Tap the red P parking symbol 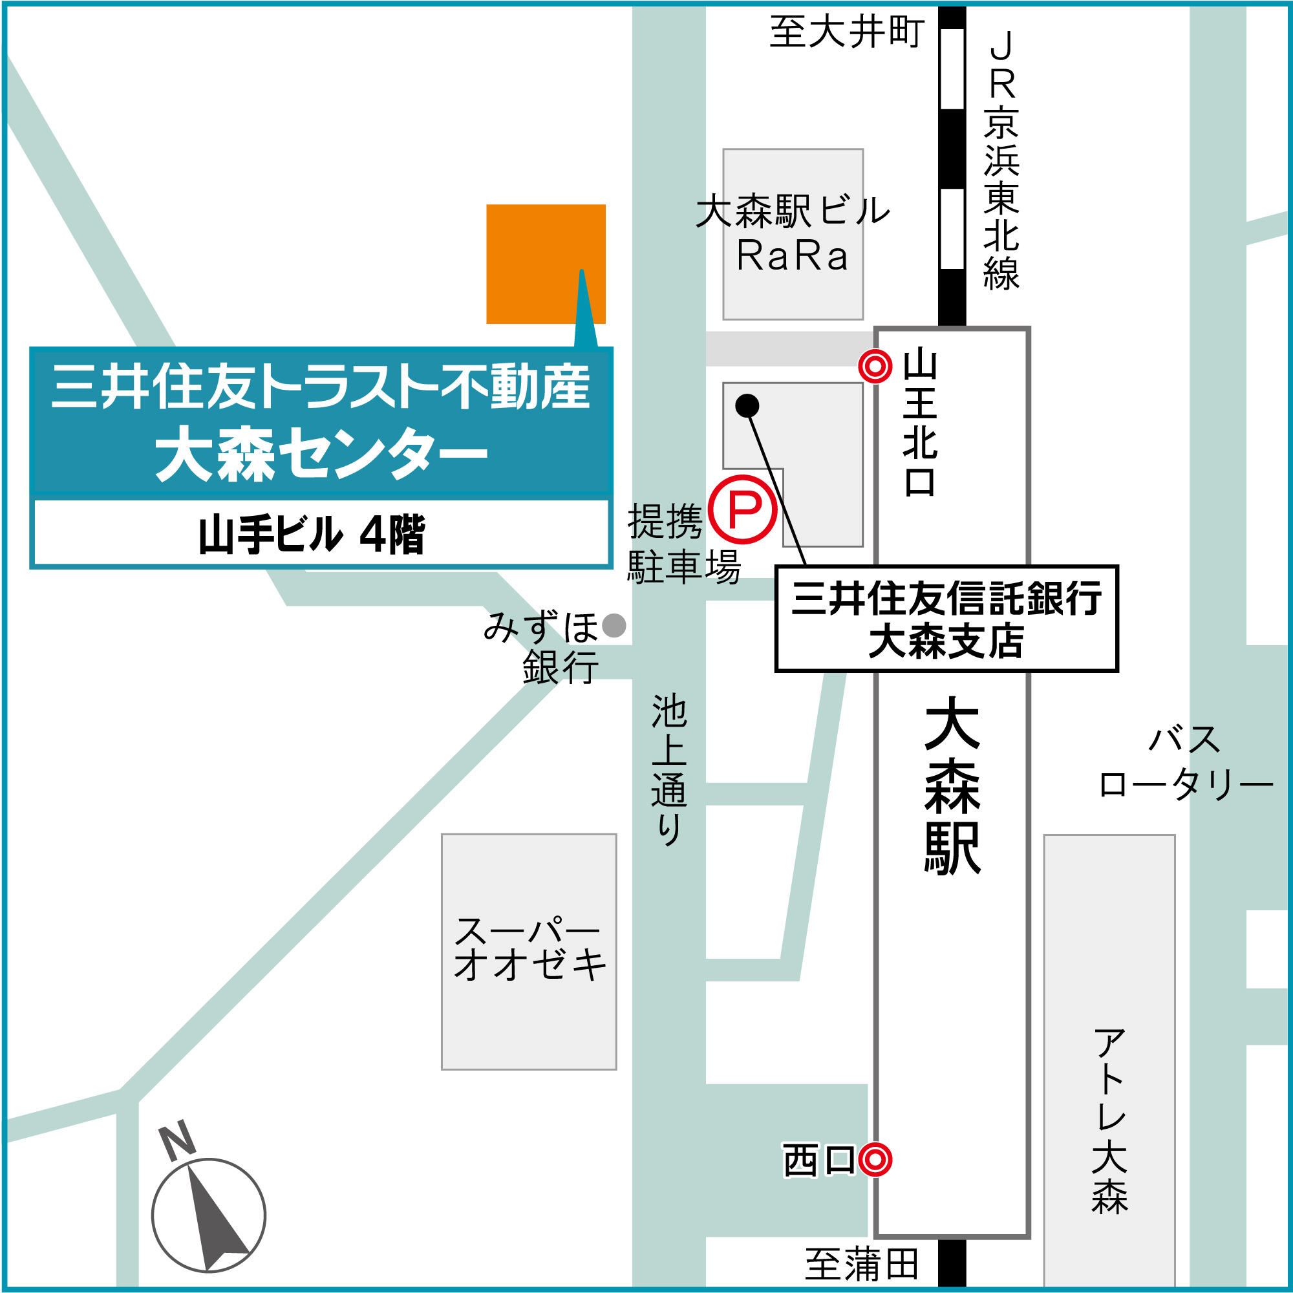coord(743,510)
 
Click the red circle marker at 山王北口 coord(875,366)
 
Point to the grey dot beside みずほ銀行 coord(614,626)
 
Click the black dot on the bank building coord(747,405)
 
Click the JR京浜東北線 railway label coord(1001,160)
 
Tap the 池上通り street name coord(668,769)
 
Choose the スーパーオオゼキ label coord(529,948)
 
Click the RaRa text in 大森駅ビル coord(793,255)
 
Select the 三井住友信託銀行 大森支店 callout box coord(946,619)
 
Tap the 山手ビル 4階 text coord(312,535)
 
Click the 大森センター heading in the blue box coord(321,455)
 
